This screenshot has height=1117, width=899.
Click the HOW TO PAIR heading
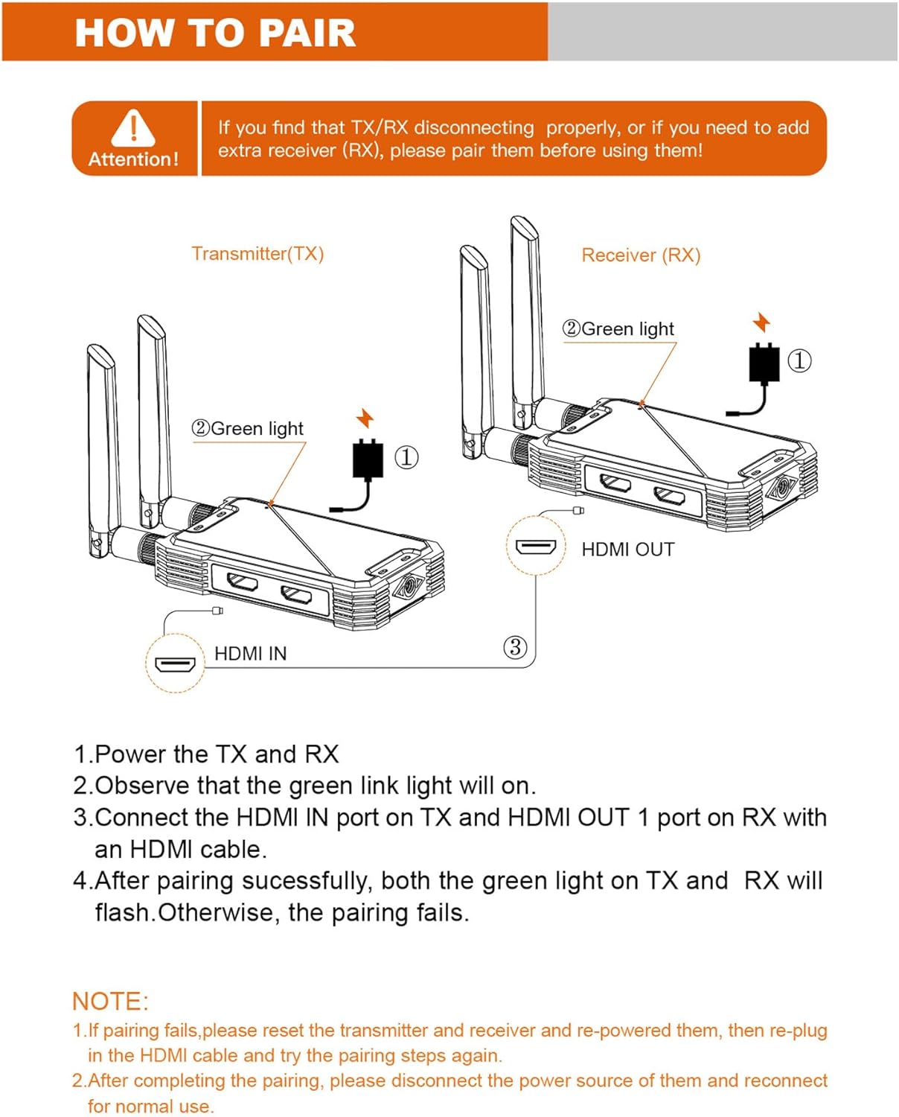pyautogui.click(x=215, y=33)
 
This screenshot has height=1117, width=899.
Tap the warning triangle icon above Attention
pyautogui.click(x=133, y=127)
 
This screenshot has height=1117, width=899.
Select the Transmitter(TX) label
pyautogui.click(x=257, y=254)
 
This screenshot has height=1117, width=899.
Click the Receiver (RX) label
pyautogui.click(x=641, y=255)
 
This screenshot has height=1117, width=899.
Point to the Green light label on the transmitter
pyautogui.click(x=249, y=428)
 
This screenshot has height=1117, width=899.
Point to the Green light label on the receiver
pyautogui.click(x=619, y=328)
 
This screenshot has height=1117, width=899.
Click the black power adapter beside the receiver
pyautogui.click(x=764, y=363)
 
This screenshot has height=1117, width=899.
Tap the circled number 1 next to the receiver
pyautogui.click(x=799, y=361)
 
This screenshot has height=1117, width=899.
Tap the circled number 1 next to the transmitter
pyautogui.click(x=406, y=457)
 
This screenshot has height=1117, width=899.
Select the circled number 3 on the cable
pyautogui.click(x=515, y=646)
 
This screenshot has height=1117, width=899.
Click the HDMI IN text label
pyautogui.click(x=250, y=654)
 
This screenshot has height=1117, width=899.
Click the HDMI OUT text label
pyautogui.click(x=627, y=550)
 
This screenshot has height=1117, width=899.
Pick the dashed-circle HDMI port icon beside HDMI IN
pyautogui.click(x=175, y=663)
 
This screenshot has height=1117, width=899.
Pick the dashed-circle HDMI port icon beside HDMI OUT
pyautogui.click(x=536, y=547)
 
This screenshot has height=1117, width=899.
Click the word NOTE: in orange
pyautogui.click(x=111, y=1001)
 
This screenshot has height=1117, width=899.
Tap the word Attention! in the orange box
pyautogui.click(x=134, y=159)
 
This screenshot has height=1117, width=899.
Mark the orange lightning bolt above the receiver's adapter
pyautogui.click(x=761, y=322)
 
